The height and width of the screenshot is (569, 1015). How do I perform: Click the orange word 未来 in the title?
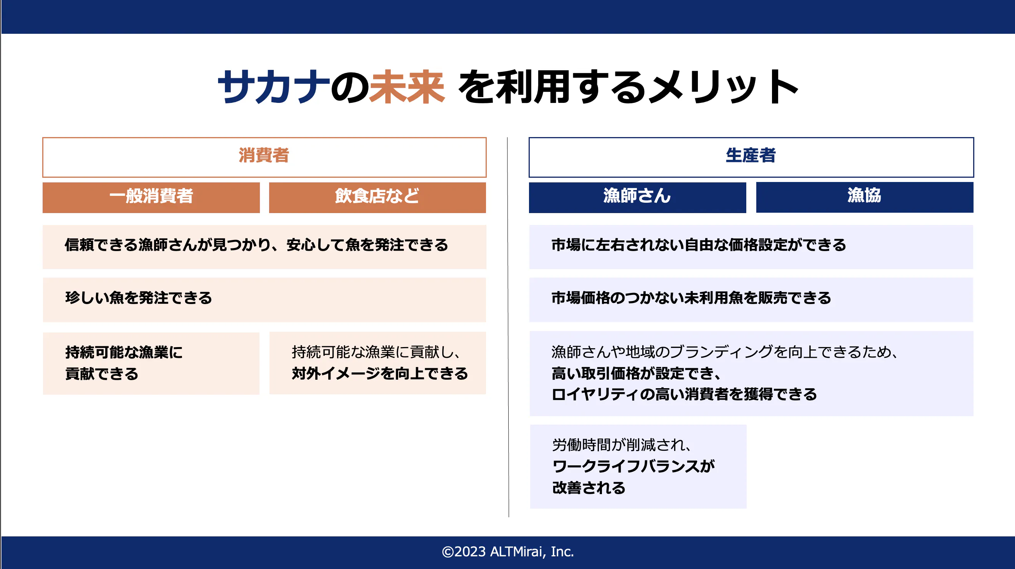[407, 87]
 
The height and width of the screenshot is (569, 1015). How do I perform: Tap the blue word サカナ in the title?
[274, 87]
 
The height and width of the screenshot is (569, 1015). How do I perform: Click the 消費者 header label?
[264, 155]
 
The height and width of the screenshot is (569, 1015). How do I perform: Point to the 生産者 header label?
[751, 155]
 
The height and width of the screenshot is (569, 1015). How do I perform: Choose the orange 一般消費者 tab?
[151, 197]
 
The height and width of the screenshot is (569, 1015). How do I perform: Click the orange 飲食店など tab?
[377, 197]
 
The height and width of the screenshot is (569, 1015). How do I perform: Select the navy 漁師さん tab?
[638, 197]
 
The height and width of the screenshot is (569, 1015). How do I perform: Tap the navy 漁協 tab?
[865, 197]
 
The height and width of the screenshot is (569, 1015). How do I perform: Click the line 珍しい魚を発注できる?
[139, 298]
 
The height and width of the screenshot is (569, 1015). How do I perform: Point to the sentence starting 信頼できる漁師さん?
[256, 245]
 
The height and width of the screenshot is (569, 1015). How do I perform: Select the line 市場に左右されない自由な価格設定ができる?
[699, 245]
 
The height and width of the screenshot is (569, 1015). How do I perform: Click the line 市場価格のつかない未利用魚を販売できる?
[691, 298]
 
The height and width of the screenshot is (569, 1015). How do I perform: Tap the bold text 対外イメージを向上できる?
[380, 374]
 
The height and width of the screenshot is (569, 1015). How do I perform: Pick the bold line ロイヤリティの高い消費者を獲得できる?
[684, 394]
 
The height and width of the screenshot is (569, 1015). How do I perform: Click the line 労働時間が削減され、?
[622, 445]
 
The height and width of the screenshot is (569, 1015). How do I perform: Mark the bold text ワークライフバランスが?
[633, 466]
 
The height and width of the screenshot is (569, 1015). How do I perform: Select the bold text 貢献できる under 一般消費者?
[102, 374]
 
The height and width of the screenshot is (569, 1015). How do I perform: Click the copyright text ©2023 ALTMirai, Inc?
[507, 552]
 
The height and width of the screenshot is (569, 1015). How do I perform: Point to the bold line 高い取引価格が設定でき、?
[636, 373]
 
